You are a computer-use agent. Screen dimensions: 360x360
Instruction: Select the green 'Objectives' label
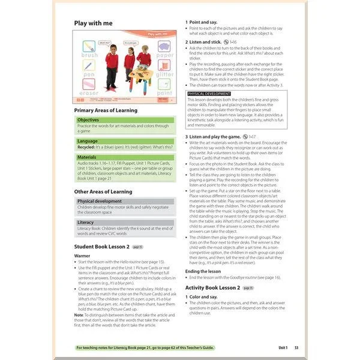(x=88, y=120)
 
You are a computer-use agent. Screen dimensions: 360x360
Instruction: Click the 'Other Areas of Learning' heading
(x=103, y=192)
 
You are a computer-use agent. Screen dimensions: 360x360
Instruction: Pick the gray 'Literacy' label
(x=86, y=222)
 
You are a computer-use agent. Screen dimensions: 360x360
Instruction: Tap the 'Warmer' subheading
(x=82, y=256)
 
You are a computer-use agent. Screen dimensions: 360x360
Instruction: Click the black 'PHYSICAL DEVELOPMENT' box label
(x=209, y=94)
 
